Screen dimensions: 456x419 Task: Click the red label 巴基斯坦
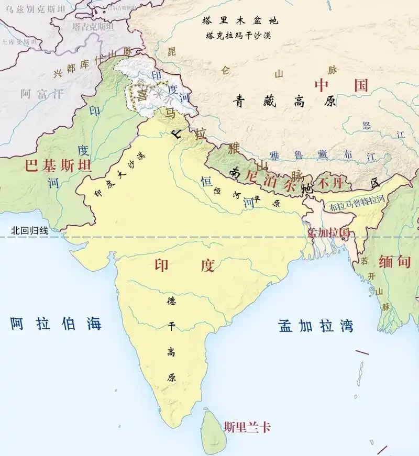(58, 166)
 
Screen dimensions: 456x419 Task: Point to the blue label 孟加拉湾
(315, 326)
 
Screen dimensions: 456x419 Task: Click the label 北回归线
(29, 230)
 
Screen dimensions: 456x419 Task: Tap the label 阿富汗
(41, 94)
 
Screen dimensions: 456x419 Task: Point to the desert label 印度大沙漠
(119, 174)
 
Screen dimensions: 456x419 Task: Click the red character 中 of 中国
(322, 85)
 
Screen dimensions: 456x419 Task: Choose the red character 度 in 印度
(207, 265)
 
